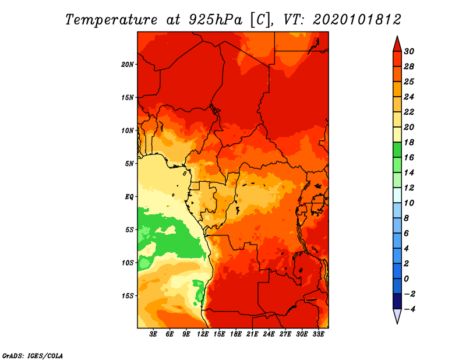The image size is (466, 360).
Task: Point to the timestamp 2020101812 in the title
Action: coord(356,19)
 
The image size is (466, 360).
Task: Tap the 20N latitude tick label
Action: coord(128,64)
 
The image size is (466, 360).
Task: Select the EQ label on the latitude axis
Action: coord(129,196)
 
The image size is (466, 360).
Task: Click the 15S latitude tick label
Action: coord(128,295)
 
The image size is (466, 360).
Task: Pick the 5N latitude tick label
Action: coord(129,163)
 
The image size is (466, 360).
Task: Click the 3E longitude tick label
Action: coord(154,335)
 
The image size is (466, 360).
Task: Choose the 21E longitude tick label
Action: coord(252,335)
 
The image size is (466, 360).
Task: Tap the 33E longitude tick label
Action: coord(318,335)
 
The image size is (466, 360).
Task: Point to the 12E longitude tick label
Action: coord(203,335)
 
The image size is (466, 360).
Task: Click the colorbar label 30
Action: coord(409,51)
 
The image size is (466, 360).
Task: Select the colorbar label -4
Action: coord(409,309)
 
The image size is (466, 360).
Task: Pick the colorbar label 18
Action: coord(409,142)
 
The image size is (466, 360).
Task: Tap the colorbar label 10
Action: coord(409,203)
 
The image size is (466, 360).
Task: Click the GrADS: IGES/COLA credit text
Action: coord(32,355)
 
